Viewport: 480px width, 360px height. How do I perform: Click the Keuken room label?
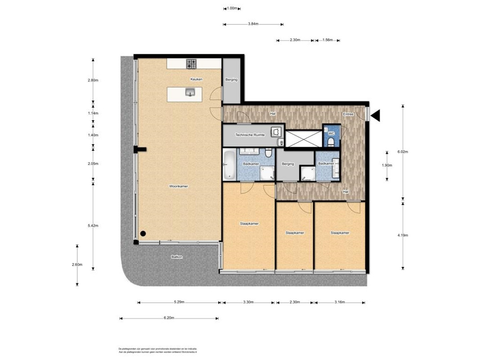click(196, 79)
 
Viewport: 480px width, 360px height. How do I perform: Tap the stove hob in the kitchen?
click(192, 64)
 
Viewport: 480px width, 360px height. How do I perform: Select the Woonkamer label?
click(178, 186)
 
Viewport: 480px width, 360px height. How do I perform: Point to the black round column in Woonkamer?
click(143, 234)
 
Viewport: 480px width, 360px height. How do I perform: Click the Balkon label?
click(177, 257)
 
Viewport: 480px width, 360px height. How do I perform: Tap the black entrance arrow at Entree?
click(375, 116)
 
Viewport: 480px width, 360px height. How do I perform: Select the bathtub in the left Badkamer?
click(228, 165)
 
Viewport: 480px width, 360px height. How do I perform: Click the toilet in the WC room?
click(331, 142)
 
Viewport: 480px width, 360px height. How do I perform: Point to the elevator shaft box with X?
click(304, 138)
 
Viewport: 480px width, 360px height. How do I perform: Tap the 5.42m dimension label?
click(93, 225)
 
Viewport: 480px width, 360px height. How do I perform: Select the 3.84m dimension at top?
click(253, 24)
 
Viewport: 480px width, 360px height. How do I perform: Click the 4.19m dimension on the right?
click(403, 234)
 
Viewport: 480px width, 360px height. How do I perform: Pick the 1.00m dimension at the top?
click(232, 8)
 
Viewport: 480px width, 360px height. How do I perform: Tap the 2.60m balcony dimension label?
click(77, 265)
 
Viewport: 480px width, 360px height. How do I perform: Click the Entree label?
click(348, 114)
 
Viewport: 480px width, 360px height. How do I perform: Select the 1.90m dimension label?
click(387, 165)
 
